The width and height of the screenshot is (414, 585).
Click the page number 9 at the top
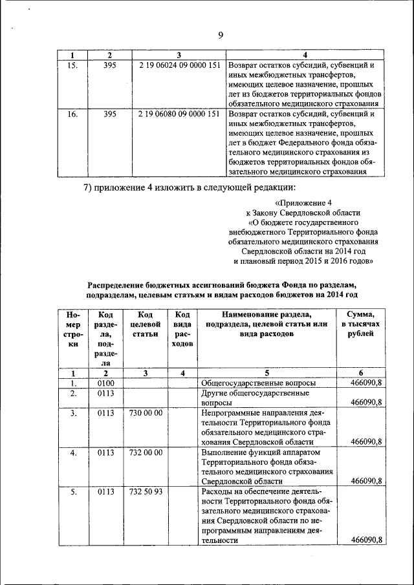pyautogui.click(x=220, y=36)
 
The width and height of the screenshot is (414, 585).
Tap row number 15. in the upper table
pyautogui.click(x=73, y=66)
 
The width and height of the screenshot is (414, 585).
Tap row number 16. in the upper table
pyautogui.click(x=73, y=114)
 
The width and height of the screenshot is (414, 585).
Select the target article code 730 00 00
pyautogui.click(x=146, y=412)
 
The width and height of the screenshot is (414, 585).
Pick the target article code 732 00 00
pyautogui.click(x=146, y=452)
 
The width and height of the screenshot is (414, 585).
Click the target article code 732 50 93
pyautogui.click(x=146, y=493)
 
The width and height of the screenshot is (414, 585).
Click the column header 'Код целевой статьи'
pyautogui.click(x=146, y=324)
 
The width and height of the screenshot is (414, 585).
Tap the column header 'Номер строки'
pyautogui.click(x=73, y=330)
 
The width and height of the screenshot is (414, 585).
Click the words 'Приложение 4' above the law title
pyautogui.click(x=303, y=202)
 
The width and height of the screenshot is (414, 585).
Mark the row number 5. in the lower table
pyautogui.click(x=73, y=493)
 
